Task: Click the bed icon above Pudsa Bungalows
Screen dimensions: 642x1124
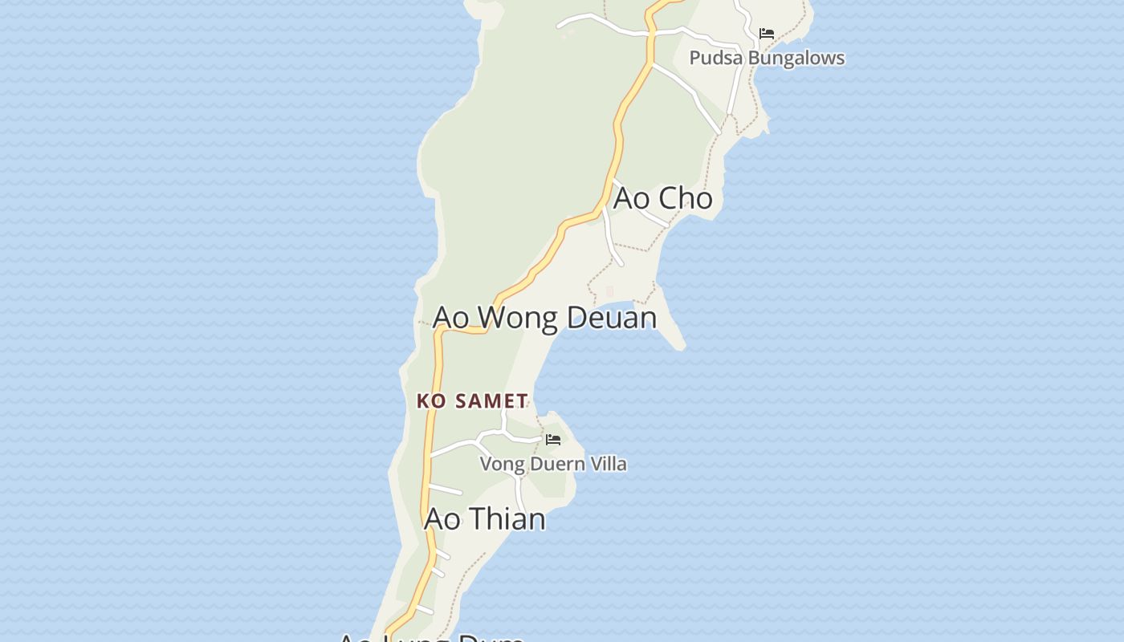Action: click(767, 34)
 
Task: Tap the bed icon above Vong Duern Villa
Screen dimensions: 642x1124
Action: click(553, 440)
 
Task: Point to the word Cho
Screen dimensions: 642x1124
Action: click(685, 198)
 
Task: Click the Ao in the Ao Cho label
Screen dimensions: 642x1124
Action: click(631, 198)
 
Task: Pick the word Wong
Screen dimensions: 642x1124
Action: click(520, 318)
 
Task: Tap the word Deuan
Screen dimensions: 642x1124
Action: click(612, 318)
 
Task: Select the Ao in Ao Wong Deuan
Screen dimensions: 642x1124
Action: click(450, 318)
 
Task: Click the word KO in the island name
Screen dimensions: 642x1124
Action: click(431, 401)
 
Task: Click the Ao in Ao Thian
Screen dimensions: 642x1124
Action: click(442, 519)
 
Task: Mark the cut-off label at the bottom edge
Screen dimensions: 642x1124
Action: click(430, 637)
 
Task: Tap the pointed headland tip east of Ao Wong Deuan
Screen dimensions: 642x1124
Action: click(680, 346)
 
